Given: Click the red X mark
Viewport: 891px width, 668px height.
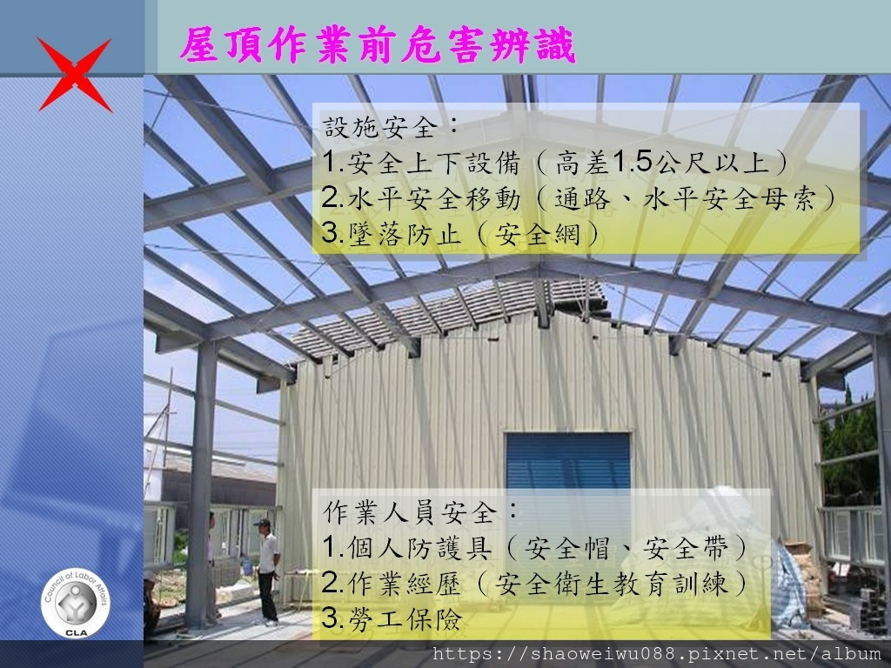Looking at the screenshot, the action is click(x=75, y=75).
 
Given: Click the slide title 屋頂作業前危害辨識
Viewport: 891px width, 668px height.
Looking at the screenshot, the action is click(x=378, y=45).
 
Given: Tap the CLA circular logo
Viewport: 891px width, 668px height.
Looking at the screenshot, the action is click(x=76, y=604).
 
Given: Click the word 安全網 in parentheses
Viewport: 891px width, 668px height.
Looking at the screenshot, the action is click(x=538, y=233).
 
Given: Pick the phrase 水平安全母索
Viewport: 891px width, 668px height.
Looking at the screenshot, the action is click(x=730, y=198).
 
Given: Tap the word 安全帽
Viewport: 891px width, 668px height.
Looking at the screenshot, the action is click(x=566, y=548).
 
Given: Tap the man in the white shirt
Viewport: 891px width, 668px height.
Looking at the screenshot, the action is click(x=267, y=571).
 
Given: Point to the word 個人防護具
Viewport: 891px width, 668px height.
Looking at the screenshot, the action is click(x=419, y=548).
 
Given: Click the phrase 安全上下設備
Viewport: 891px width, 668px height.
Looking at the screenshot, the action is click(x=434, y=163).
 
